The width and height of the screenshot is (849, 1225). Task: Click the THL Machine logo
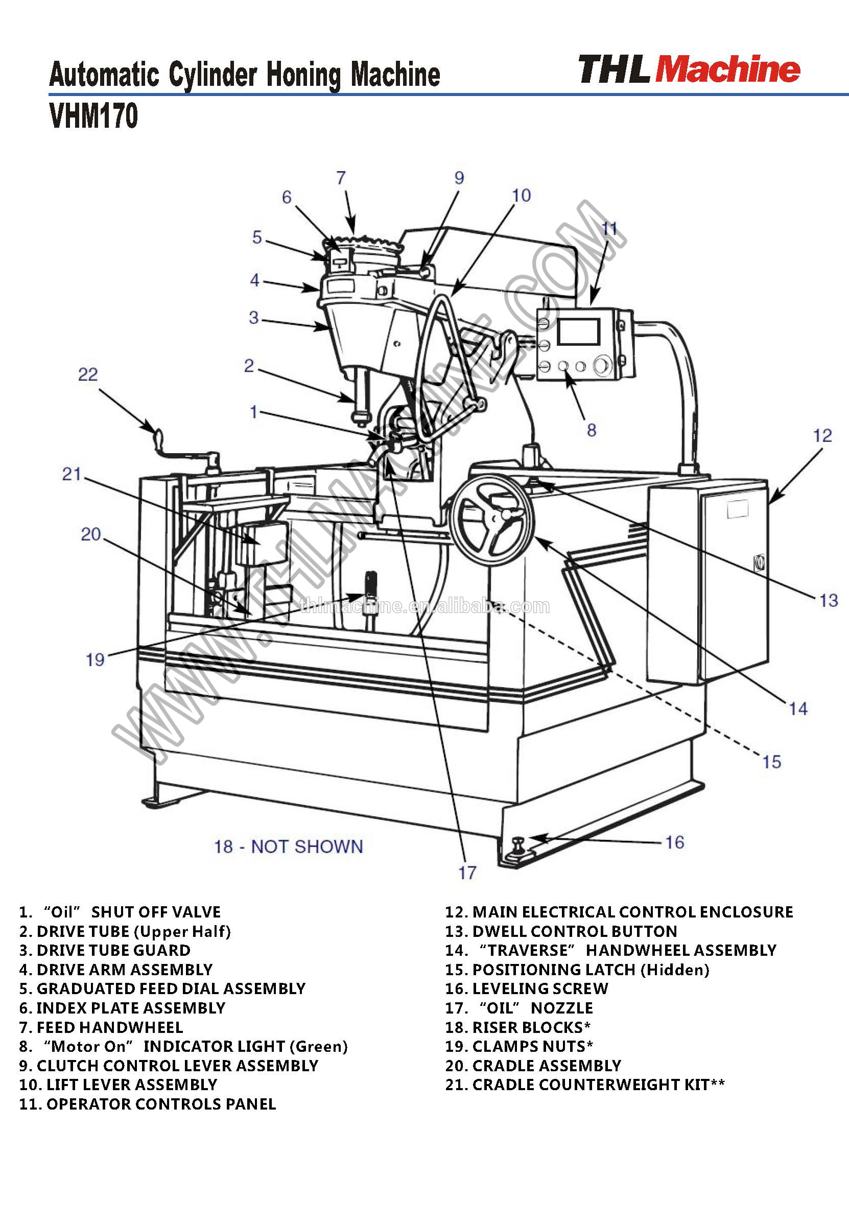(689, 69)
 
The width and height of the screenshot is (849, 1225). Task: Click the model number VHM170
(93, 115)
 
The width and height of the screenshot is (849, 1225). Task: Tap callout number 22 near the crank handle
(88, 374)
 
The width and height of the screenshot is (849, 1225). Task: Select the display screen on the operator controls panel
(578, 332)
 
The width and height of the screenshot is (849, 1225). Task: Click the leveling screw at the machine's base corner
(517, 842)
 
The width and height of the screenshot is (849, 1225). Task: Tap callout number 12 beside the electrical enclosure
(822, 436)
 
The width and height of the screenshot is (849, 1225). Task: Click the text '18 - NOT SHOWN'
(288, 846)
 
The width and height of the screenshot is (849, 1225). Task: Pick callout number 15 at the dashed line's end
(771, 762)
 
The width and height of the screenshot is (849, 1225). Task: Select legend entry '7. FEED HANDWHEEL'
(101, 1027)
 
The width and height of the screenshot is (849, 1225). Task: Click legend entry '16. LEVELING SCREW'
(526, 988)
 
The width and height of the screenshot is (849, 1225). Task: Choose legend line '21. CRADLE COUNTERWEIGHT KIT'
(584, 1084)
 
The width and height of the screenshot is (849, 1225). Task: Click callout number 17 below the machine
(467, 873)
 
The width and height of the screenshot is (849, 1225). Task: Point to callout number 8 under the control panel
(591, 430)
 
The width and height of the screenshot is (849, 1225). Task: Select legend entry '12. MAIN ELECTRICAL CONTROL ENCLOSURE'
(619, 912)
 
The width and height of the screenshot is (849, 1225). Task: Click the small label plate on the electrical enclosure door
(737, 509)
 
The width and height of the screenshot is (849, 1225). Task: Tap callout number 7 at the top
(341, 178)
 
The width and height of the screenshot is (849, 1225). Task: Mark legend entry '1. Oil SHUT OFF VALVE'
(120, 912)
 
